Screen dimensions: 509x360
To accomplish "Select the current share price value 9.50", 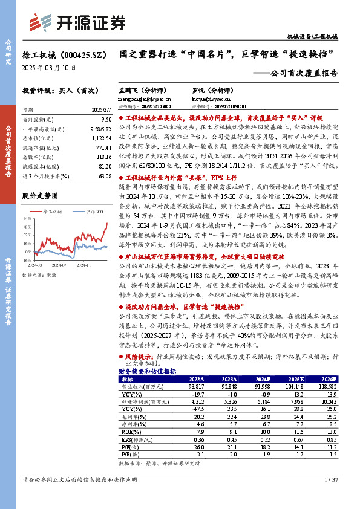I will [x=103, y=121].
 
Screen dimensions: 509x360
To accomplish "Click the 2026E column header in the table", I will [x=327, y=379].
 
